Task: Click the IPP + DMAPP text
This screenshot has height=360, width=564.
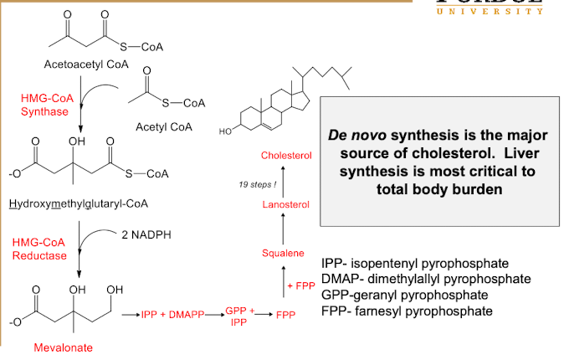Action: click(172, 314)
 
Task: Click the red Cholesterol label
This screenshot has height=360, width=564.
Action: click(285, 156)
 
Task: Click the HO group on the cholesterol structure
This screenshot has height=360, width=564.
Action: click(225, 131)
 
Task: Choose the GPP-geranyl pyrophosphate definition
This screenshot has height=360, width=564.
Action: click(408, 295)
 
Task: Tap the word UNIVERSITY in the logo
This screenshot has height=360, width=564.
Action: click(490, 11)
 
